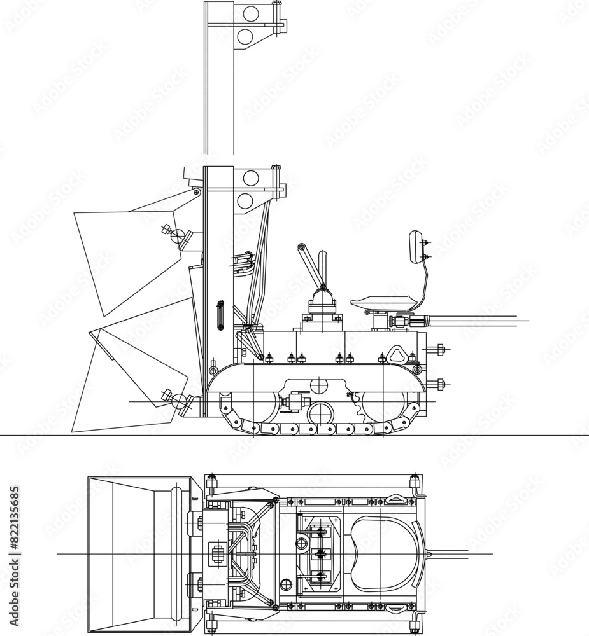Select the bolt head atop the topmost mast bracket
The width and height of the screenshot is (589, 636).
tap(275, 4)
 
